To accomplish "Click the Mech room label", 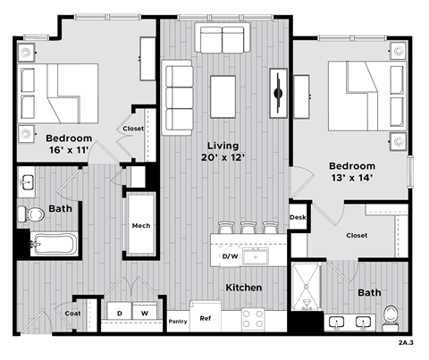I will [141, 226].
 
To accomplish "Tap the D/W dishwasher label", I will [230, 257].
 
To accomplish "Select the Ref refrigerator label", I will [205, 318].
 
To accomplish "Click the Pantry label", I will [178, 319].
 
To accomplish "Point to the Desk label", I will [298, 216].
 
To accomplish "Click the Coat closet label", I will [72, 313].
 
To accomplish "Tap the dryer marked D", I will [120, 313].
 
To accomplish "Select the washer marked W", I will [144, 313].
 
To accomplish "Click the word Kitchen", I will [243, 288].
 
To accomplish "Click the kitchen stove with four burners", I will [253, 317].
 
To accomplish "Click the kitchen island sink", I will [261, 257].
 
